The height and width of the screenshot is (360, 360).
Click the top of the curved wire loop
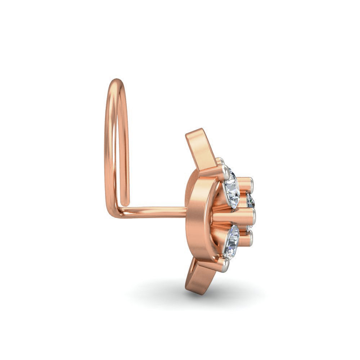[x=116, y=81]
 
